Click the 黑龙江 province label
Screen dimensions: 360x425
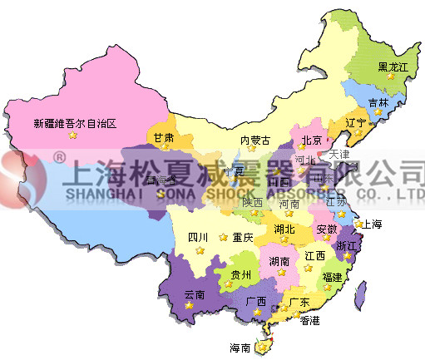point(393,67)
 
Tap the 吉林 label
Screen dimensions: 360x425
point(378,103)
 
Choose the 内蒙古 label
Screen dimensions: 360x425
point(255,140)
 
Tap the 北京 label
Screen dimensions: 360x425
point(311,140)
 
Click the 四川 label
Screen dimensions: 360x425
point(198,237)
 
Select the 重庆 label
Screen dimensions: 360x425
point(242,237)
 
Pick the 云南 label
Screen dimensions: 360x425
point(193,293)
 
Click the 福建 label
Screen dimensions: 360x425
point(332,276)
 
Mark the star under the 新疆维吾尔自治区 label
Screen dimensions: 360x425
point(72,135)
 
